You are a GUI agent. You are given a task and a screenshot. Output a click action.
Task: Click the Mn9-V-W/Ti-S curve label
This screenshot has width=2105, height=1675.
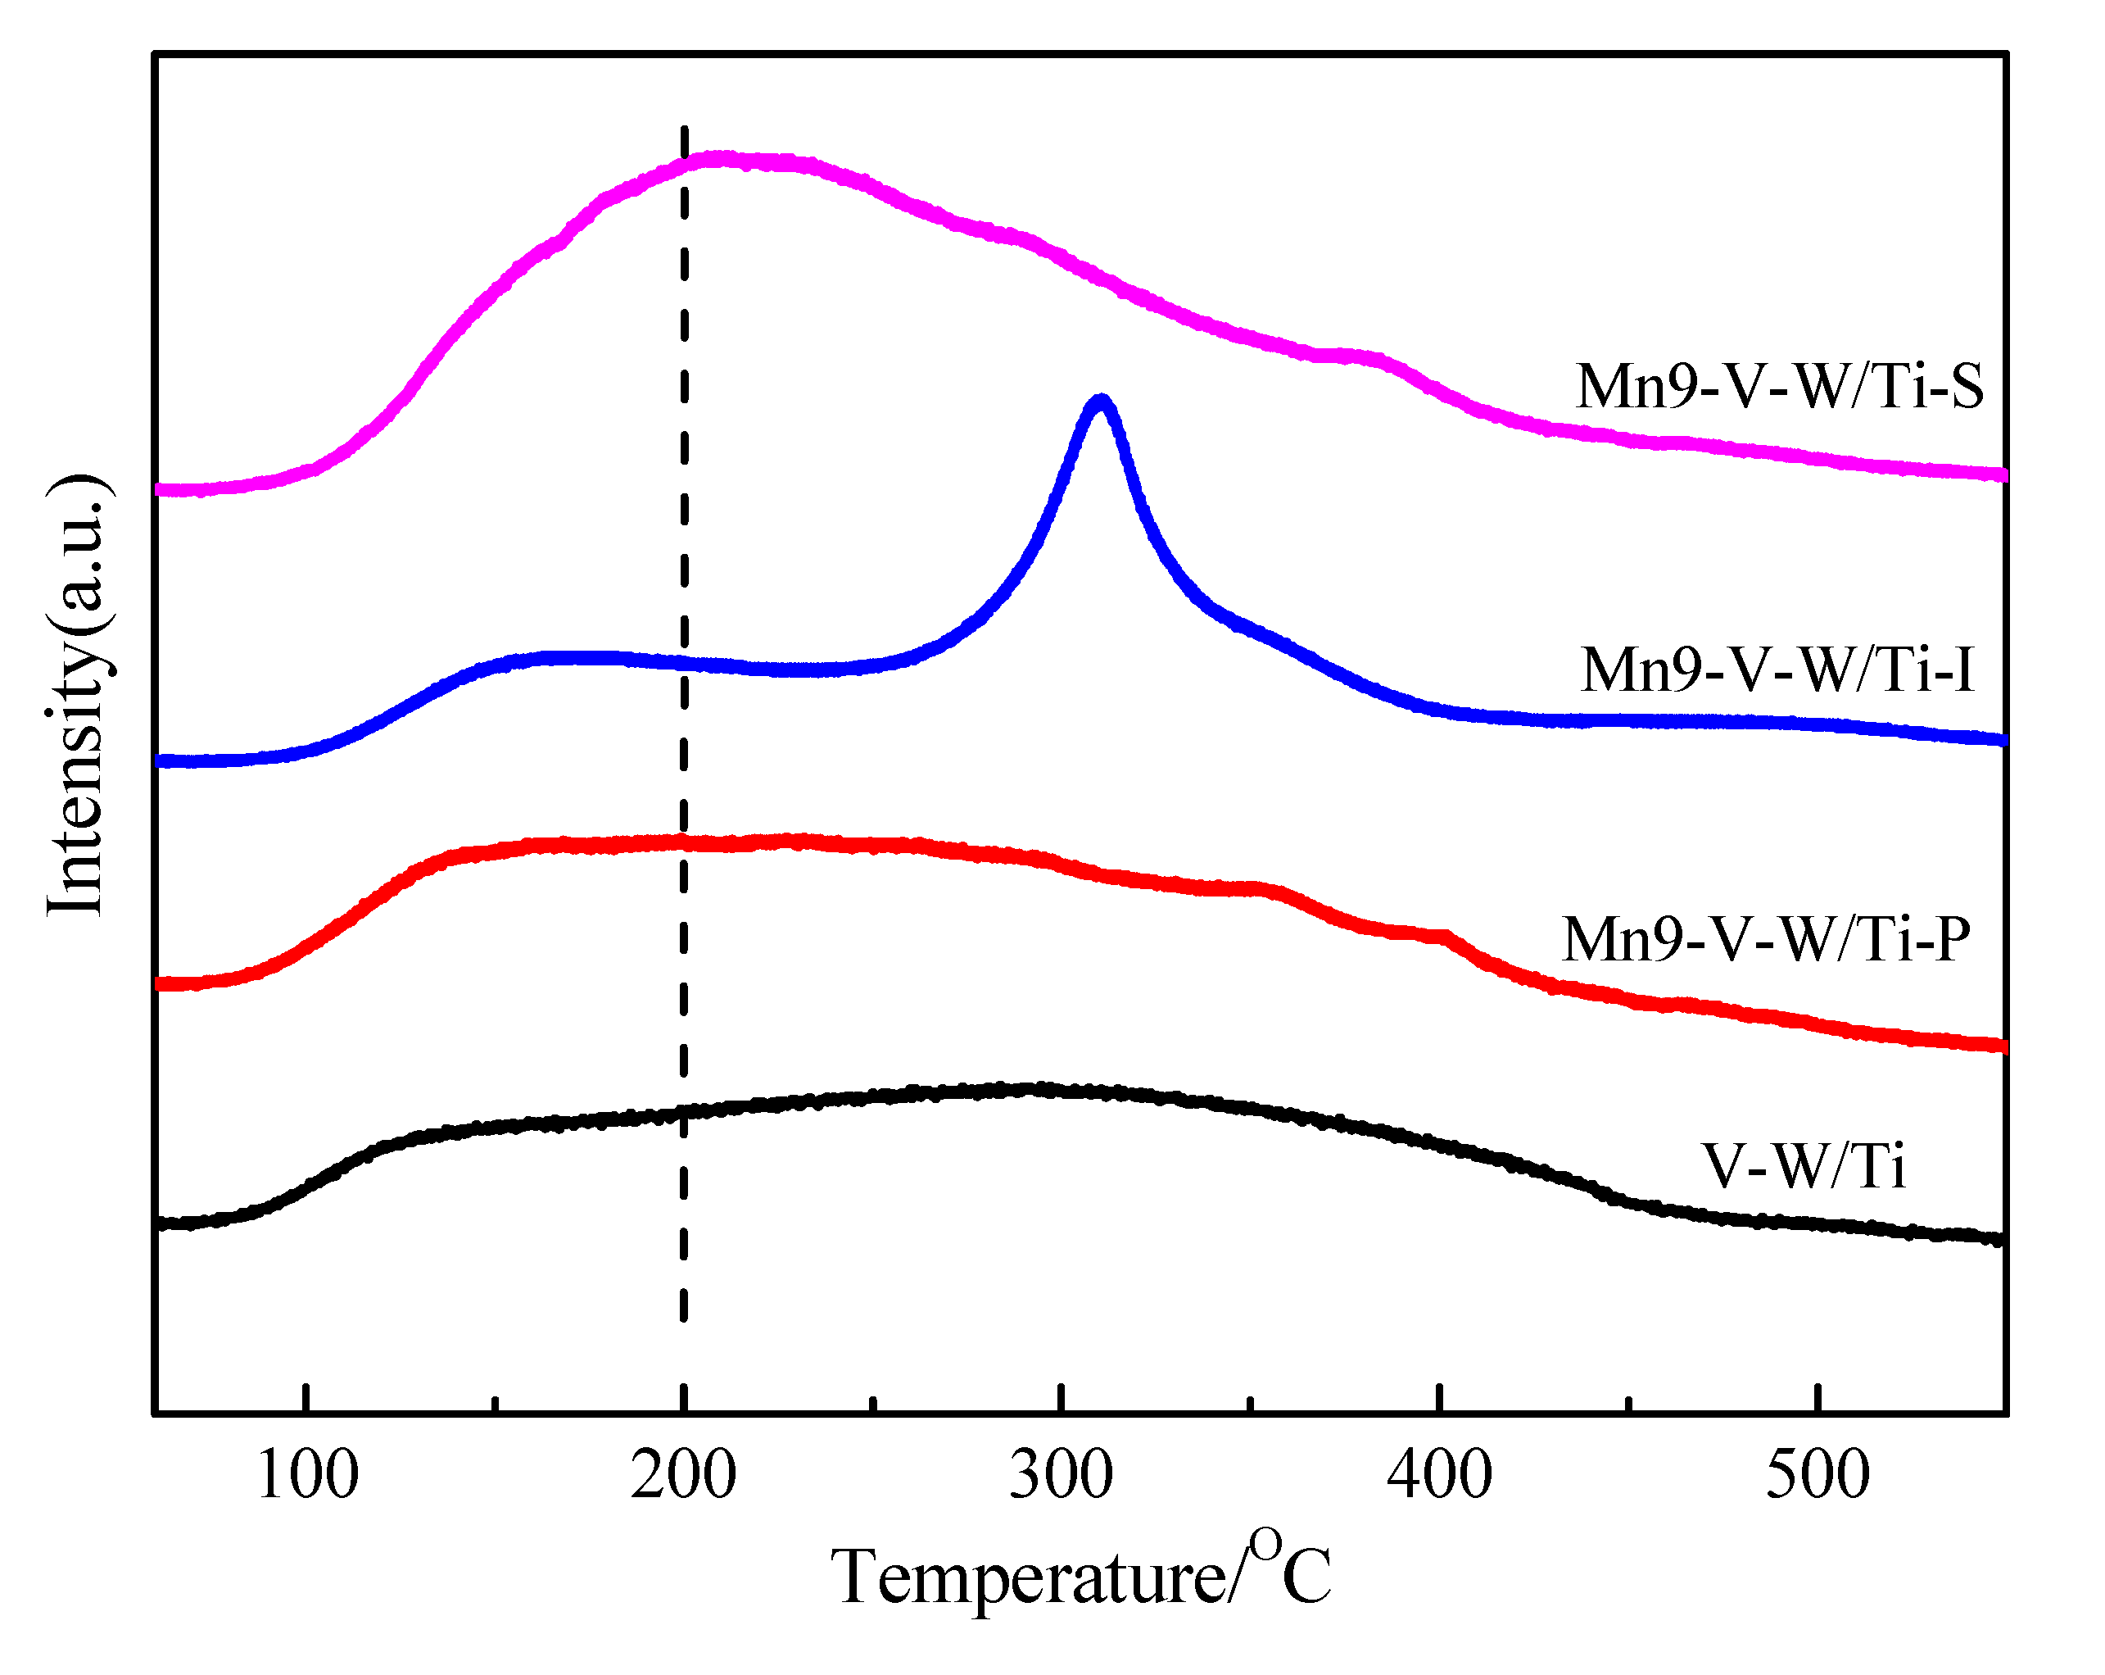click(1779, 387)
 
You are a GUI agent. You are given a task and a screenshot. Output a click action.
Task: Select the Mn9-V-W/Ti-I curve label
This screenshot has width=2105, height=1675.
click(1777, 670)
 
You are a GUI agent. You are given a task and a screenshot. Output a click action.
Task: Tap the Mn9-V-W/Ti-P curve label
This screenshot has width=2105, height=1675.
click(1765, 940)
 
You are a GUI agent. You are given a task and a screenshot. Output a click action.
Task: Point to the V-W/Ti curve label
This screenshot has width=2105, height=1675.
click(1804, 1166)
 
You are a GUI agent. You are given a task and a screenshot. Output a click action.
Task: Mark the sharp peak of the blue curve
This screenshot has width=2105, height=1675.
click(1100, 401)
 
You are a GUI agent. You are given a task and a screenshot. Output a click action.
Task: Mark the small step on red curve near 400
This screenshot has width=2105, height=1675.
click(1443, 936)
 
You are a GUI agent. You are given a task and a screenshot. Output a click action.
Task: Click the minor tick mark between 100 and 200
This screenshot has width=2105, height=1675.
click(496, 1405)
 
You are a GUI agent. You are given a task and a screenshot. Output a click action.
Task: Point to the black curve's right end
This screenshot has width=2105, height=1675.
click(1999, 1239)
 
